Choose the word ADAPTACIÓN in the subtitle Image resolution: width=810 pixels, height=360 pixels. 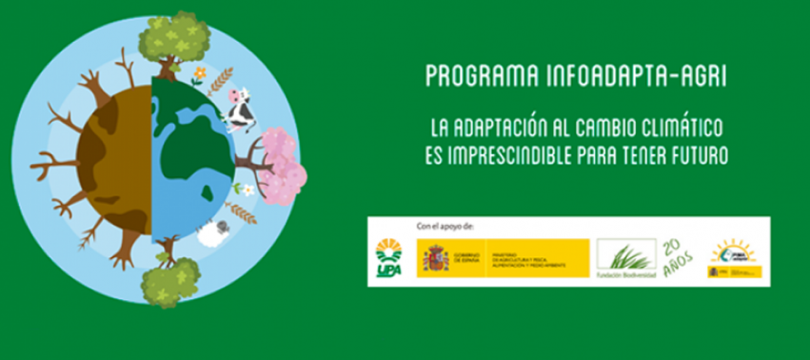click(x=514, y=128)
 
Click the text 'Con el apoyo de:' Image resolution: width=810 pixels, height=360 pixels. click(x=444, y=226)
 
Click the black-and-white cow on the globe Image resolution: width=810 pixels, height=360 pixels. click(x=241, y=109)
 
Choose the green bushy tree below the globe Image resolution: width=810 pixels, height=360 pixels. click(x=168, y=282)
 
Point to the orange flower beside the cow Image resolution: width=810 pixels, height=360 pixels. click(x=199, y=72)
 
